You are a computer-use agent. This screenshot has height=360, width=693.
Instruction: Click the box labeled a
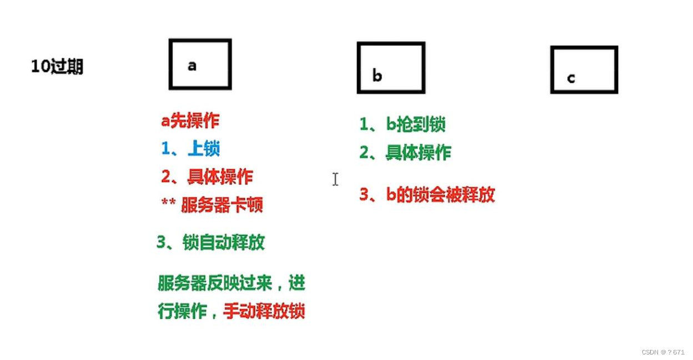[x=200, y=64]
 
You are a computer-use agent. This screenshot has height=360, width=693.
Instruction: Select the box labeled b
[x=391, y=67]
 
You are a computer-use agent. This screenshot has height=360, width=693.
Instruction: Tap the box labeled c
[x=584, y=69]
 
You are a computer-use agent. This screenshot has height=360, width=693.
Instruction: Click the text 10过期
[x=57, y=67]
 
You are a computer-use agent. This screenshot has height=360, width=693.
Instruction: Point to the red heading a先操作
[x=190, y=121]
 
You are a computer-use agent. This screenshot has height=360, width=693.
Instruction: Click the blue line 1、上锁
[x=190, y=148]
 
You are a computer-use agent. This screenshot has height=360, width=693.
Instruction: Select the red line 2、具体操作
[x=207, y=177]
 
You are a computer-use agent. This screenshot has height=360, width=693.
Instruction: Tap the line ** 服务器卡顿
[x=212, y=205]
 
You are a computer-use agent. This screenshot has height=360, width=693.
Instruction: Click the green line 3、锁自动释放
[x=210, y=242]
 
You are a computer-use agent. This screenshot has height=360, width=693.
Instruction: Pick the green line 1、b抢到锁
[x=402, y=124]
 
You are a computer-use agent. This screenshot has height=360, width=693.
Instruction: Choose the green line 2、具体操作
[x=405, y=152]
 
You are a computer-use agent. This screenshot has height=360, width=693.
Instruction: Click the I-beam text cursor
[x=335, y=179]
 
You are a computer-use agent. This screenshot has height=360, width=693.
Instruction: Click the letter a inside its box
[x=192, y=66]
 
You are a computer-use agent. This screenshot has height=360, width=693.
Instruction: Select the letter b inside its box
[x=377, y=76]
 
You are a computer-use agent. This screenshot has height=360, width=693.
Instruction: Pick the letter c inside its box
[x=571, y=78]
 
